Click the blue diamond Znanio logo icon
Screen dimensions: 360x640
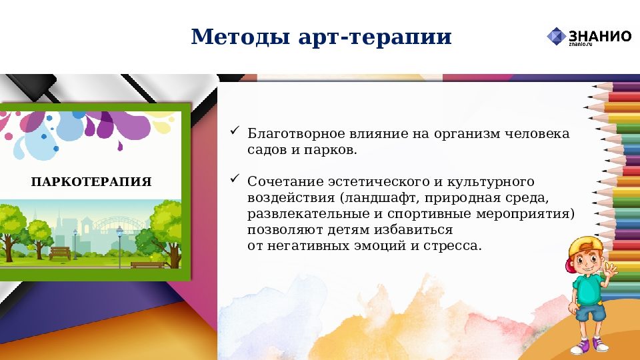click(556, 36)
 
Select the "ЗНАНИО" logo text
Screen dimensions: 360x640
click(600, 35)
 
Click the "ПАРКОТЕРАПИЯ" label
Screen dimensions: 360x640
click(91, 182)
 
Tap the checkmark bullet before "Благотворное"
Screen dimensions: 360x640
click(235, 131)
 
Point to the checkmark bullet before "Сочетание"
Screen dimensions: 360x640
click(235, 178)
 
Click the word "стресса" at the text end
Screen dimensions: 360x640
click(457, 246)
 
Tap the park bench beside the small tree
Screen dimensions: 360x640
click(60, 253)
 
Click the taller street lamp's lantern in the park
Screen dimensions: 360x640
click(119, 231)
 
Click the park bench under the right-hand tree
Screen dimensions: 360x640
click(147, 265)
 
